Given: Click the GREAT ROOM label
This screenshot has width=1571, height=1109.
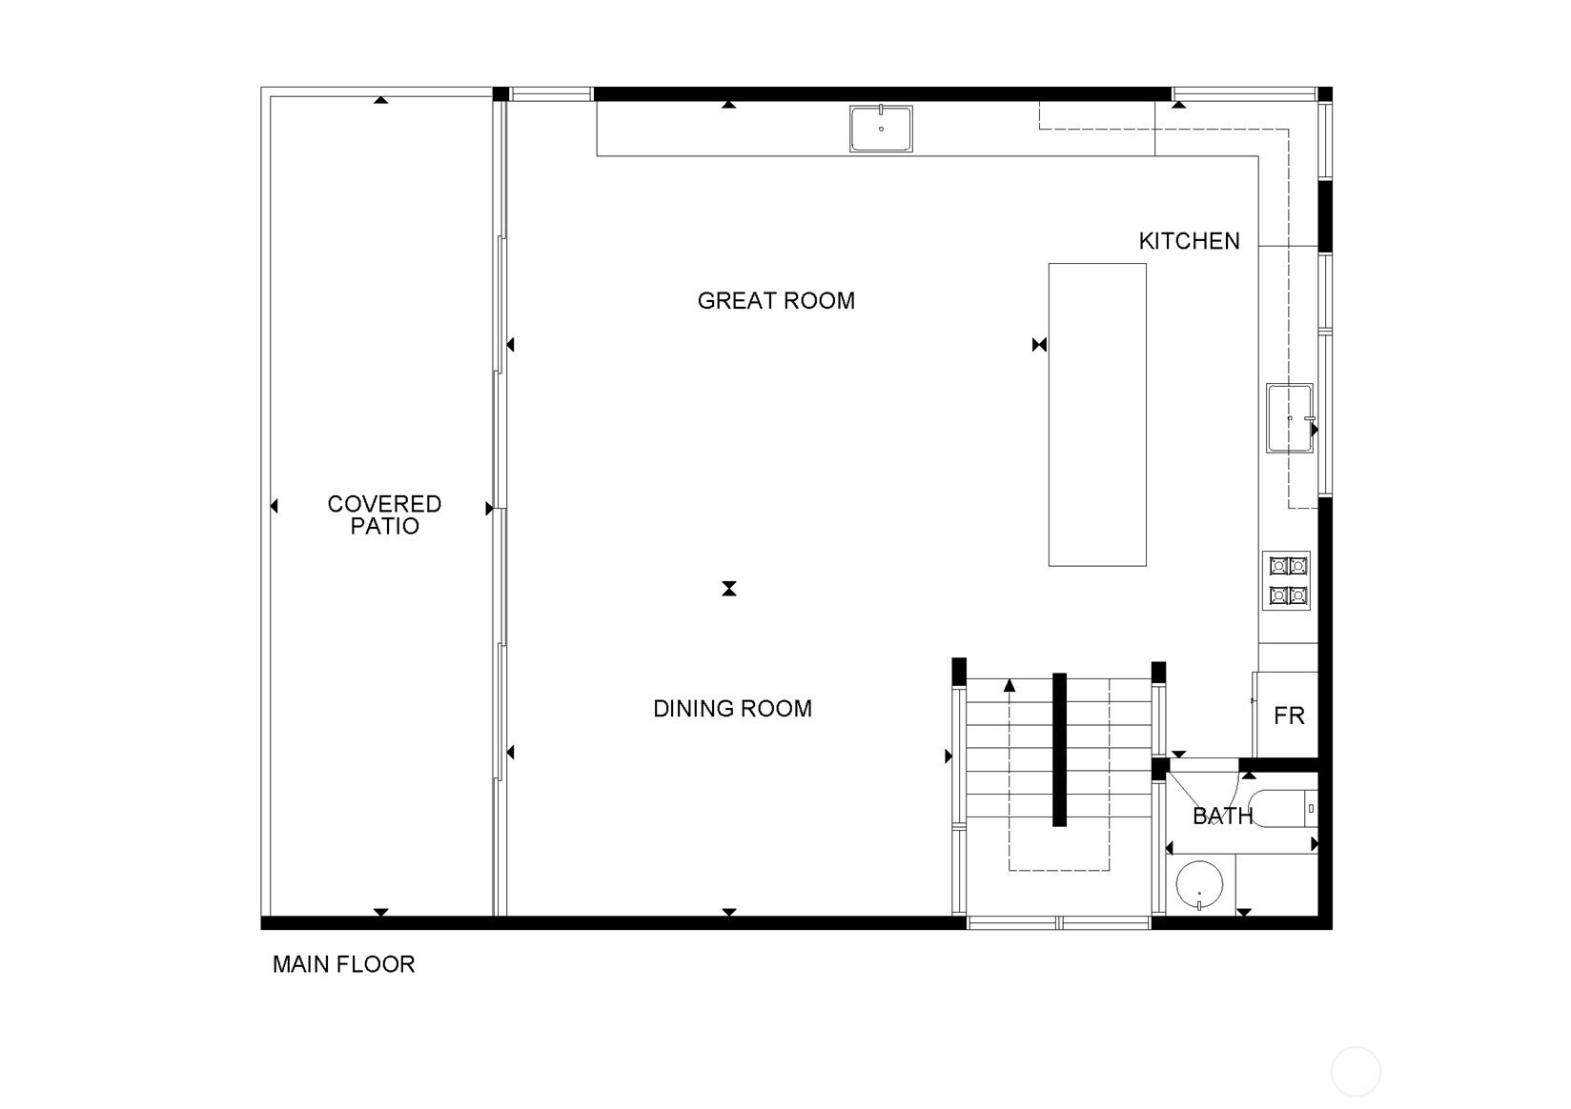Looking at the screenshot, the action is tap(776, 301).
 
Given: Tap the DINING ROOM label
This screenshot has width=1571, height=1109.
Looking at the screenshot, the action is tap(732, 709).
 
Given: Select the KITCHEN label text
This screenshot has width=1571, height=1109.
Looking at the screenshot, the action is tap(1189, 241).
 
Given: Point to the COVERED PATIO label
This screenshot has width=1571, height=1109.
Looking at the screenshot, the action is tap(384, 514).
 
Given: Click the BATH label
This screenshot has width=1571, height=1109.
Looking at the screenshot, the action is tap(1222, 816).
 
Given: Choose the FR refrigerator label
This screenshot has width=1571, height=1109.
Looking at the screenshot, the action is tap(1289, 716).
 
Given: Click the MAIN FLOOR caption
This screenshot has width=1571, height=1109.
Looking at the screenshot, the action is tap(343, 964).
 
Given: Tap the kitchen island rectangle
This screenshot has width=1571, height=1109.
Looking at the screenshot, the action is tap(1097, 414).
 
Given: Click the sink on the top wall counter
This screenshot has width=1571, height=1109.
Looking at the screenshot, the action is tap(881, 129).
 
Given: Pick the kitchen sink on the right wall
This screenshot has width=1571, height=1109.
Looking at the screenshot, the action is tap(1289, 418).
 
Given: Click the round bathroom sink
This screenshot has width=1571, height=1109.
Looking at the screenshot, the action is tap(1199, 885).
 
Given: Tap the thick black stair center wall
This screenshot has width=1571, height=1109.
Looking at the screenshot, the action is tap(1059, 750).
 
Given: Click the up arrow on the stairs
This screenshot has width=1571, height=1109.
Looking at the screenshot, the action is tap(1010, 686).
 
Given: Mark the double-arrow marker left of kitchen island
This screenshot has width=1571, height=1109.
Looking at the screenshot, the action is tap(1039, 345).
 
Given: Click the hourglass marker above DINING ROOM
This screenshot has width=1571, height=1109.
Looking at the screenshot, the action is tap(729, 588).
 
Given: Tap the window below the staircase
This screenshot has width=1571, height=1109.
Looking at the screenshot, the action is tap(1059, 922).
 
